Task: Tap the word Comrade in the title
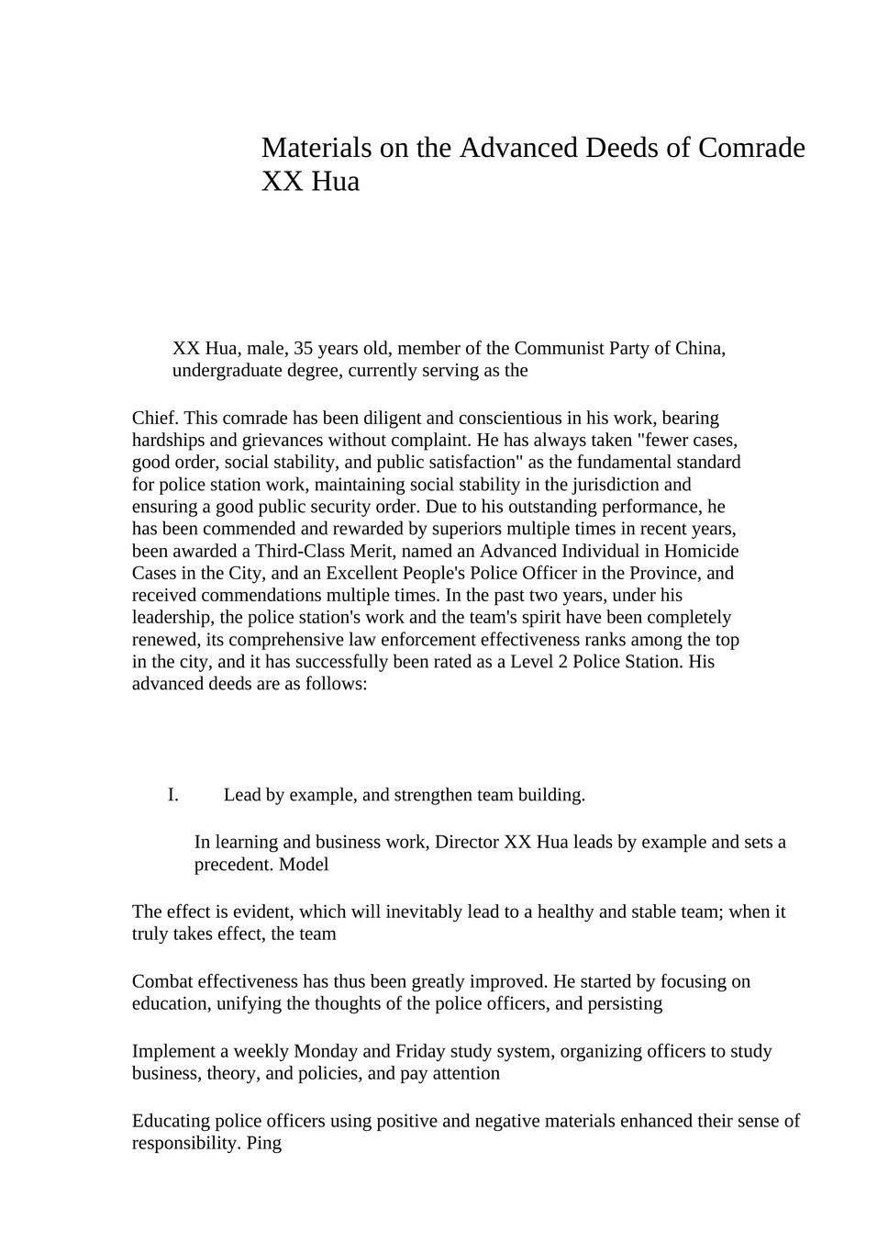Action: [x=751, y=148]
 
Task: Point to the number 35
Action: [x=303, y=349]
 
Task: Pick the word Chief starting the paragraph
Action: [x=155, y=419]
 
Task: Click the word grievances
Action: [x=282, y=441]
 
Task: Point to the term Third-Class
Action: [x=302, y=551]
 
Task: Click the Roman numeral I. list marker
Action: [x=173, y=795]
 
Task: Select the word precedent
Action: [x=233, y=865]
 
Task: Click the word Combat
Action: [x=162, y=982]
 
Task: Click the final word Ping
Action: [x=264, y=1144]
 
